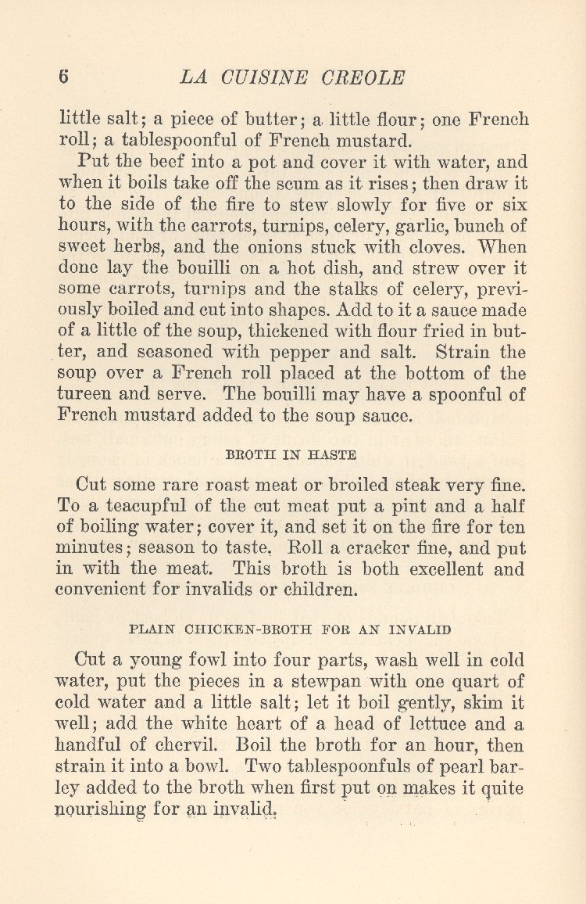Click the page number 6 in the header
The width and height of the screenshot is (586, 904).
(64, 77)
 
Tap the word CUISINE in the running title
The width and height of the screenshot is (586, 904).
(254, 78)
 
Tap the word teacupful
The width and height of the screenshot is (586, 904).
(145, 506)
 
